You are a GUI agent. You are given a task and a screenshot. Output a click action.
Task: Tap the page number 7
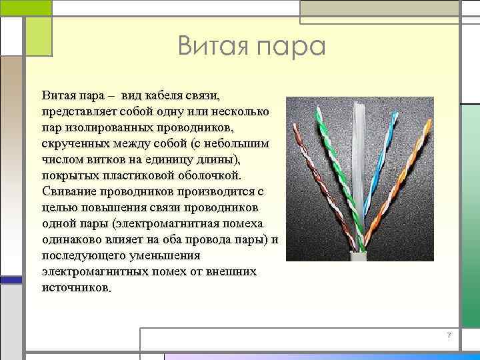(449, 335)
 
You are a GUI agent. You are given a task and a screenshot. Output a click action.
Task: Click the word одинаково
(71, 239)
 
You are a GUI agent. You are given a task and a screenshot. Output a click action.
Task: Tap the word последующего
(84, 255)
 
